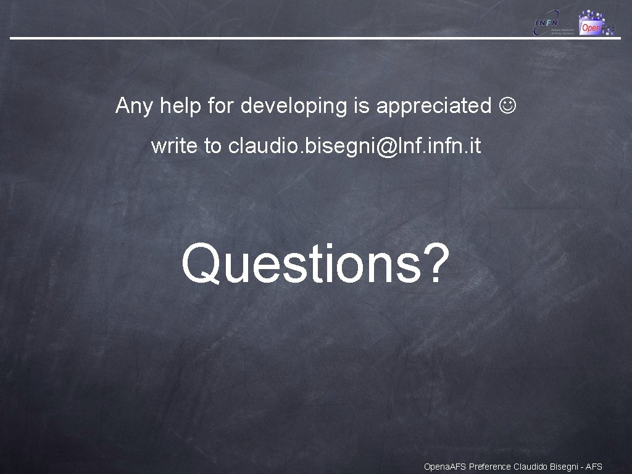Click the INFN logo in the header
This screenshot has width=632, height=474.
(554, 23)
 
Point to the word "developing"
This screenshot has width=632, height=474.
(294, 107)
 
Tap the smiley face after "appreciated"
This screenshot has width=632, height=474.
(509, 106)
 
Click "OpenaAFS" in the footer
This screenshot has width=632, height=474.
(445, 467)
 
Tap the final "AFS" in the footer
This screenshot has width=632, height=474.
(594, 467)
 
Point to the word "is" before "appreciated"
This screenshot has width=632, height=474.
(361, 106)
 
